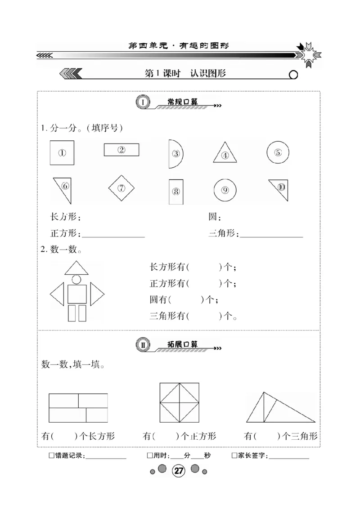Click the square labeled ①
coord(62,153)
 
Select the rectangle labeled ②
coord(121,150)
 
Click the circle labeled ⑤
coord(278,152)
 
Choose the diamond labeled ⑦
coord(121,188)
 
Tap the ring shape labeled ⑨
coord(225,190)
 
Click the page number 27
coord(179,471)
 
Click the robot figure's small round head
coord(76,280)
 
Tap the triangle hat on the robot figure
coord(76,268)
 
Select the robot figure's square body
coord(77,294)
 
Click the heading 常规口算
coord(182,103)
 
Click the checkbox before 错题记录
coord(51,456)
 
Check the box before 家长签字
coord(234,456)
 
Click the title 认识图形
coord(208,73)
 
